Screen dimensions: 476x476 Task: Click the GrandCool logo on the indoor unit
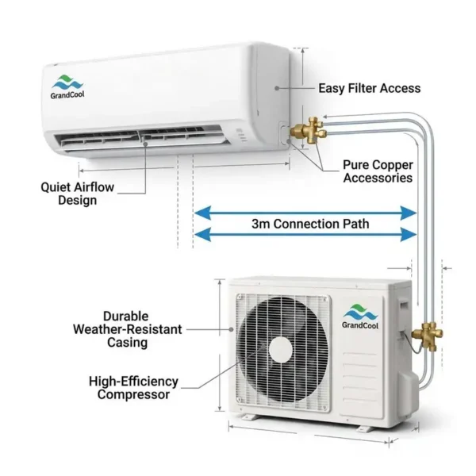tap(67, 87)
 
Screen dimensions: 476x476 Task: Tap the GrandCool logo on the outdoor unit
tap(360, 317)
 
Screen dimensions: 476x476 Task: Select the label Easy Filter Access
tap(370, 88)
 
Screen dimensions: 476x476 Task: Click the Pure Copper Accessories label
tap(378, 171)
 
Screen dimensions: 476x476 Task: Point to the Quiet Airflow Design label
tap(78, 194)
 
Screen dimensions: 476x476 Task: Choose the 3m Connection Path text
tap(310, 224)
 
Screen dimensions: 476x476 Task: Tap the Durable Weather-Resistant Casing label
tap(128, 329)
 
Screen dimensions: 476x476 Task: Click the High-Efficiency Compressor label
tap(133, 388)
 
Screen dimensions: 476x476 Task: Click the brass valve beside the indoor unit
tap(309, 131)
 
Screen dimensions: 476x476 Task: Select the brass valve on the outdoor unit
tap(427, 336)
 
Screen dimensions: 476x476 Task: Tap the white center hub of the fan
tap(281, 349)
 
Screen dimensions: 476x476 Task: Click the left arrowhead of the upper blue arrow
tap(202, 213)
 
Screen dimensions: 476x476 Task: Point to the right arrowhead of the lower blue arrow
tap(409, 234)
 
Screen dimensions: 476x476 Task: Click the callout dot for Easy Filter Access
tap(277, 88)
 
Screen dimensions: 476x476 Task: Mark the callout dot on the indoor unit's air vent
tap(145, 144)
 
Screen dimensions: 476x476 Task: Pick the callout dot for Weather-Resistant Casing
tap(232, 329)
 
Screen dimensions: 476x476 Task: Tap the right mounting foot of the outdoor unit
tap(363, 429)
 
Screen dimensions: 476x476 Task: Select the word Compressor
tap(133, 394)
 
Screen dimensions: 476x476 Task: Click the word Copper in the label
tap(394, 166)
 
